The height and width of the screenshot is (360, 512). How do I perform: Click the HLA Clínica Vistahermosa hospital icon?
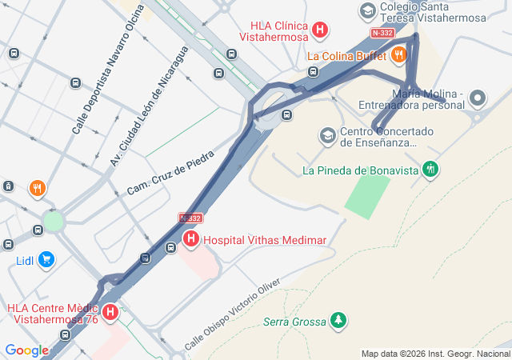pos(320,31)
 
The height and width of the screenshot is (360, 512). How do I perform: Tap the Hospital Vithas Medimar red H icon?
pos(191,238)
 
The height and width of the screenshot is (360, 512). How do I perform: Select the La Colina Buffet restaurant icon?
pos(398,55)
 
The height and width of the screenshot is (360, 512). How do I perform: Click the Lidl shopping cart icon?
pos(46,259)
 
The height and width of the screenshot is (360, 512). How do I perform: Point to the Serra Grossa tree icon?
pos(339,321)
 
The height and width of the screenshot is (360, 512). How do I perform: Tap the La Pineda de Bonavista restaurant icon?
pos(431,169)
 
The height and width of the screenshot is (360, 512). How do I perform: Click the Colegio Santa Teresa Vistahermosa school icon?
pos(367,11)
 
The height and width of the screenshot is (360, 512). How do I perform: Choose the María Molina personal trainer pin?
pos(478,99)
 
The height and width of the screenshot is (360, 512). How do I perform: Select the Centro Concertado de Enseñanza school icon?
pos(327,135)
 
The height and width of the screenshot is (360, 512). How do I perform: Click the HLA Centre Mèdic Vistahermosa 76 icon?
pos(110,313)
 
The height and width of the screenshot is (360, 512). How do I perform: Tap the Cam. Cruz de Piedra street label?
pos(171,171)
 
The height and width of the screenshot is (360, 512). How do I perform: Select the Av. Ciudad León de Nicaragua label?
pos(149,106)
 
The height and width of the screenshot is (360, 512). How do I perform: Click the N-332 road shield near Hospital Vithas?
pos(190,218)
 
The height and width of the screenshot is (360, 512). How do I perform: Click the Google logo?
pos(26,350)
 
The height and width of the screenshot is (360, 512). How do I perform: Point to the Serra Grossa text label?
pos(294,322)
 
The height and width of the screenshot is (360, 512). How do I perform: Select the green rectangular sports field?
pos(367,195)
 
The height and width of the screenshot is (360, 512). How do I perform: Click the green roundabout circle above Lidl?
pos(53,220)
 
